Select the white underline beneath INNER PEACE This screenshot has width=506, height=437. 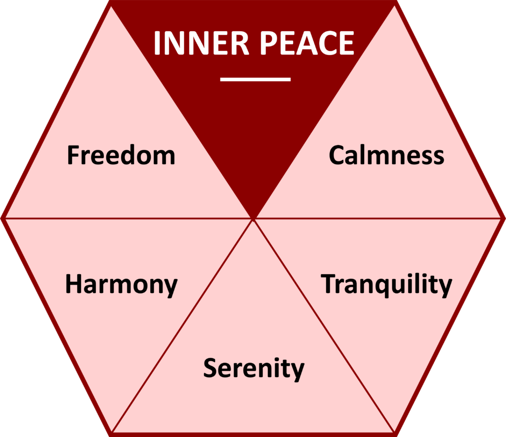tap(255, 79)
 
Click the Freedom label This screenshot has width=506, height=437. tap(121, 155)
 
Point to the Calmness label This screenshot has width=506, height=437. tap(386, 155)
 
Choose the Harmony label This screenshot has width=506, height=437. tap(121, 285)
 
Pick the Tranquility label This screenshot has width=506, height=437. tap(386, 284)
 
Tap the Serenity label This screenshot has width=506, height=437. tap(253, 369)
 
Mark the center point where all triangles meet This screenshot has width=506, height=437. tap(253, 218)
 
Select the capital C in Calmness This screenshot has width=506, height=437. tap(336, 155)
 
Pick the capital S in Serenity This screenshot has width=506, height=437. tap(210, 368)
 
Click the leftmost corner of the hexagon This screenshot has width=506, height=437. tap(2, 218)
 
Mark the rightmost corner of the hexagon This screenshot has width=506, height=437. tap(504, 218)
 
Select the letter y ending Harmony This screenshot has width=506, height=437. tap(170, 288)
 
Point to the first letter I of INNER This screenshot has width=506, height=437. tap(158, 44)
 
